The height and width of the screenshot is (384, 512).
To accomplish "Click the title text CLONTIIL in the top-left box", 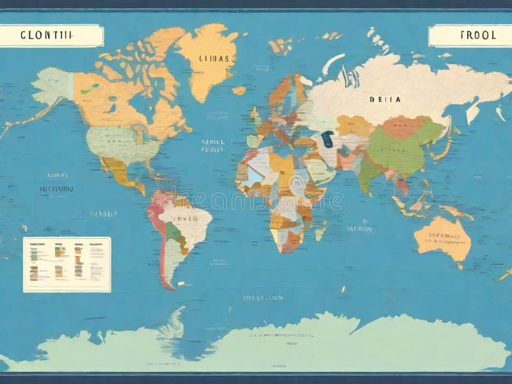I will click(47, 36).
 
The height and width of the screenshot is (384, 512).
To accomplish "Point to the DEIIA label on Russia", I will click(385, 99).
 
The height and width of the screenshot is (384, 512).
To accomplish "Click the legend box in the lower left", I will click(67, 264).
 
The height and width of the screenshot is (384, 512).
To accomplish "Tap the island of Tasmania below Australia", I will click(460, 265).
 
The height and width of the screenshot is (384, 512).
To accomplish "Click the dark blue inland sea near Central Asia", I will click(327, 139).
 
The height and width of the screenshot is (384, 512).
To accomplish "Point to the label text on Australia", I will click(443, 238).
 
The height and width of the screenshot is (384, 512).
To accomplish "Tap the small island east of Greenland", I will click(239, 91).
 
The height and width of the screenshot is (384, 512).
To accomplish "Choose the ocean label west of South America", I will click(102, 214).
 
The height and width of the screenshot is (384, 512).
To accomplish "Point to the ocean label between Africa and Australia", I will click(358, 227).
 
